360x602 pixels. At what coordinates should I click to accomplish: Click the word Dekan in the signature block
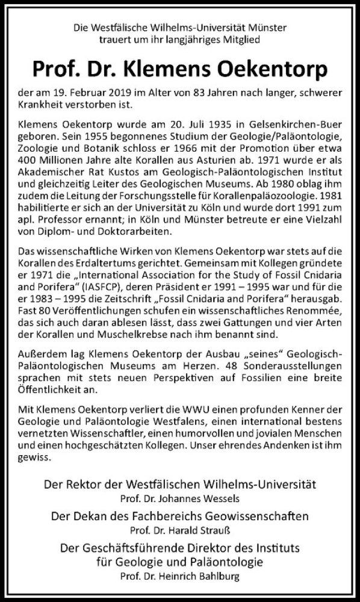pos(91,516)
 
